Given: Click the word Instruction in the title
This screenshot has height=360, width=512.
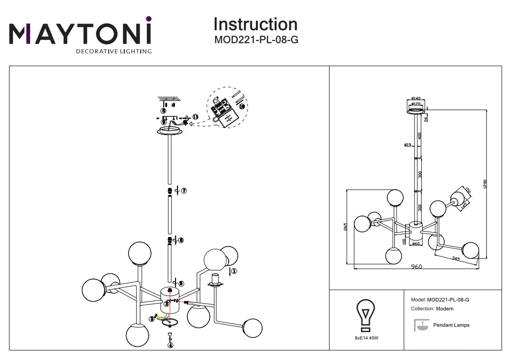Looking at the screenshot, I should pyautogui.click(x=256, y=24).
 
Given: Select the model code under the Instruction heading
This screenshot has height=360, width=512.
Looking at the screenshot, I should pyautogui.click(x=256, y=40).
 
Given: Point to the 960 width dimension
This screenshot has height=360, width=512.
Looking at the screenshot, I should pyautogui.click(x=416, y=266).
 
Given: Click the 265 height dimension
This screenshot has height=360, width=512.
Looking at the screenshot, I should pyautogui.click(x=345, y=227).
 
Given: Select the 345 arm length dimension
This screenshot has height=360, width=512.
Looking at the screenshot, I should pyautogui.click(x=456, y=258).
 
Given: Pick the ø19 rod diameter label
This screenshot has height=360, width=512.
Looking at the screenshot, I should pyautogui.click(x=408, y=145).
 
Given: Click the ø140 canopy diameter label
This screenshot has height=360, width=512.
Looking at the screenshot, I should pyautogui.click(x=416, y=99).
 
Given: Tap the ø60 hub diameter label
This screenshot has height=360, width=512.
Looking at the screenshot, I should pyautogui.click(x=415, y=244).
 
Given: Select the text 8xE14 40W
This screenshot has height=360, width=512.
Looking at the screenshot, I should pyautogui.click(x=366, y=337).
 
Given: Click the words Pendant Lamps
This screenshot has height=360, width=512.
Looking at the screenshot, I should pyautogui.click(x=451, y=325).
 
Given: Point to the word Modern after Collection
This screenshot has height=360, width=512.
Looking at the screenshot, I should pyautogui.click(x=445, y=309).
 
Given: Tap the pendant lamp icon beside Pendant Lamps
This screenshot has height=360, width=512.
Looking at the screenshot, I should pyautogui.click(x=421, y=325).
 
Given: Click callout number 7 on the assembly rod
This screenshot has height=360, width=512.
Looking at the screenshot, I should pyautogui.click(x=184, y=191).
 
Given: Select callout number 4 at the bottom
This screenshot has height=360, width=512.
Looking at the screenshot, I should pyautogui.click(x=170, y=345).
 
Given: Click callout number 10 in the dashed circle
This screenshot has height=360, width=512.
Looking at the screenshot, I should pyautogui.click(x=242, y=106).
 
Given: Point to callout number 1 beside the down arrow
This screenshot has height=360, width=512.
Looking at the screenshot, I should pyautogui.click(x=234, y=271).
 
